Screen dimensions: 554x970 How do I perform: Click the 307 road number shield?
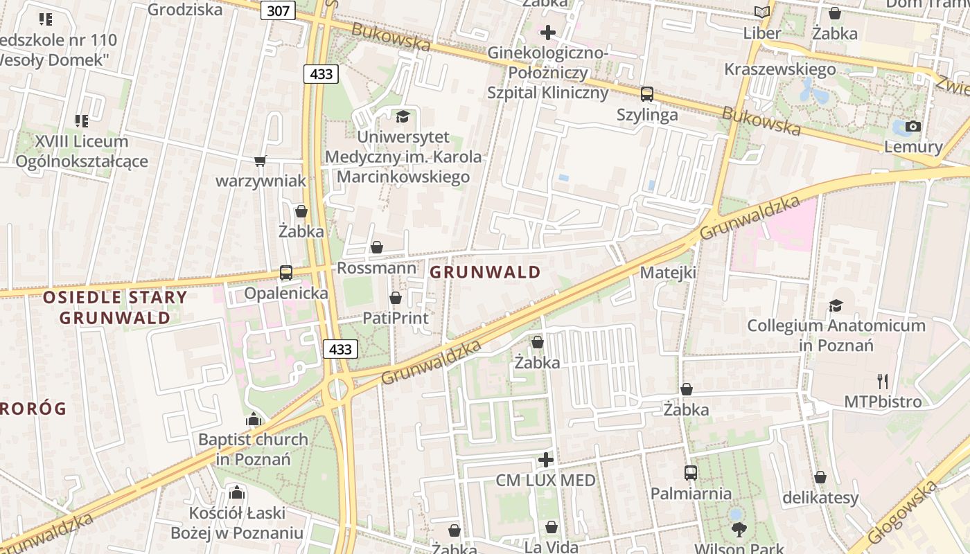tap(279, 10)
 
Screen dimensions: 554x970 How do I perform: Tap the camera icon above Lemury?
tap(913, 126)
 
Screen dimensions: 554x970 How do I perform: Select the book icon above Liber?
tap(761, 12)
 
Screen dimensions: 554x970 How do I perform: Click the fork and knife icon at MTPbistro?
tap(882, 381)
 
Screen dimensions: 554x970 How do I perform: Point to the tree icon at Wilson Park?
tap(739, 530)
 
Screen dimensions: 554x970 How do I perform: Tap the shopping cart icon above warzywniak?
tap(261, 161)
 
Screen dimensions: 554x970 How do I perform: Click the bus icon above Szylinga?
tap(647, 93)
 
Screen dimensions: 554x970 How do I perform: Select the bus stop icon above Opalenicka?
tap(286, 273)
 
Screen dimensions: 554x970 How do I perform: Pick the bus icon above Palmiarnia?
tap(691, 473)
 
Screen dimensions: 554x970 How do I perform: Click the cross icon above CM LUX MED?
tap(546, 459)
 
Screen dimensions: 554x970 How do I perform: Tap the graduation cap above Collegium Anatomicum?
tap(836, 305)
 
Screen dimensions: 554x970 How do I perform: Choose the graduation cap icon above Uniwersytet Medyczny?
tap(403, 116)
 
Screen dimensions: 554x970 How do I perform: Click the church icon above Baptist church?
tap(254, 419)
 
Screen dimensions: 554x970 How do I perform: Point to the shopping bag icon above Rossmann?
tap(377, 247)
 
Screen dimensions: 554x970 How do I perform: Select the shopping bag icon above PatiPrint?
tap(396, 298)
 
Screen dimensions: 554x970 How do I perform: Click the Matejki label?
tap(668, 272)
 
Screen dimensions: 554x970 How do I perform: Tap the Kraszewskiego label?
tap(779, 69)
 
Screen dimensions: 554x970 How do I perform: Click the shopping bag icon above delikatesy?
tap(820, 477)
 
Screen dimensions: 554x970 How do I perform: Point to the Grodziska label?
tap(186, 9)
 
